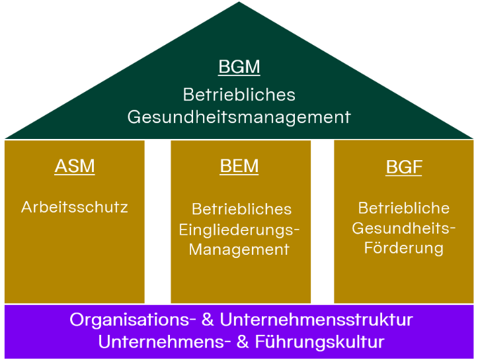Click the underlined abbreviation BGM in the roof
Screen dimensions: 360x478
239,67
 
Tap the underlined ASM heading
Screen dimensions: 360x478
75,166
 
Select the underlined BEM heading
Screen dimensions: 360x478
239,166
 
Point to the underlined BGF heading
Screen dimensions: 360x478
404,167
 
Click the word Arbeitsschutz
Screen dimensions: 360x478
75,207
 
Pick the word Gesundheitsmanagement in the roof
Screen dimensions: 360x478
239,117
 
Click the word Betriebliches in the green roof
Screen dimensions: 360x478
239,94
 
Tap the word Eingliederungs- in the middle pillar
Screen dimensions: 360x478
239,229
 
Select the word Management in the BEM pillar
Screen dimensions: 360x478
239,249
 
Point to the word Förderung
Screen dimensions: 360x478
404,249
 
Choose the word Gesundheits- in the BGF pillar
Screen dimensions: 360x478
404,228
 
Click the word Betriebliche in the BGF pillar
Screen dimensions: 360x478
404,208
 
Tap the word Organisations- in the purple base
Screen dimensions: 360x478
132,320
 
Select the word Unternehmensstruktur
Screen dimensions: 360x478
316,320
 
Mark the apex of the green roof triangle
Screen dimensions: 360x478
239,4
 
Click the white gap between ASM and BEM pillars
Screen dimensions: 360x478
157,222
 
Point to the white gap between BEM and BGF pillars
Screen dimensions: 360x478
322,222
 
